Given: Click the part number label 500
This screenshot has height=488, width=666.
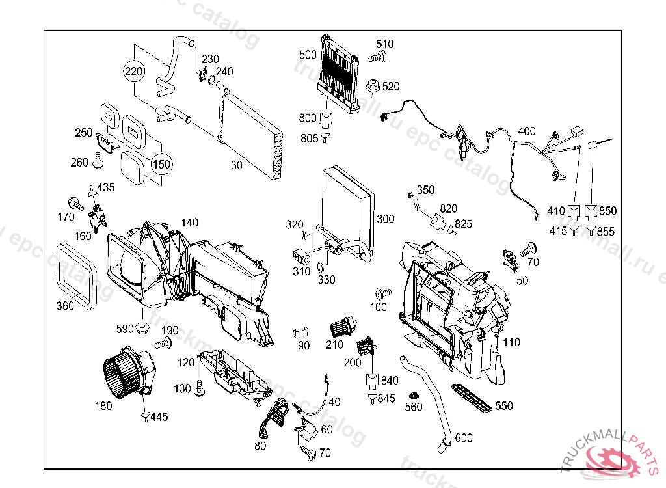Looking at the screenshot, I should [x=308, y=54].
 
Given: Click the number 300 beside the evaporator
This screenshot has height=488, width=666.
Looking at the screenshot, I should [x=385, y=219].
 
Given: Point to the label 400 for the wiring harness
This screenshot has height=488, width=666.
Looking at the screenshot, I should [x=527, y=131].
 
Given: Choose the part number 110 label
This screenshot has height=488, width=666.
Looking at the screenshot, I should [x=511, y=342].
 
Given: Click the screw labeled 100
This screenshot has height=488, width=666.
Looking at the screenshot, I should [x=382, y=293].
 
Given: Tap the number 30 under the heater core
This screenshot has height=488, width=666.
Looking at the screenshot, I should [x=236, y=165].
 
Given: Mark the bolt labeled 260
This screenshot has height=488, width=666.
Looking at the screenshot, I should [x=98, y=159].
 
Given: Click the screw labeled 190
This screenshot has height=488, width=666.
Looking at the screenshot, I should [x=163, y=342].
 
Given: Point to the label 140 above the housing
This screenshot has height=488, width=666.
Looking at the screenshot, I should [x=189, y=222].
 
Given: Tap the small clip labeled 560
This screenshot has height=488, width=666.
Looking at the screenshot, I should [x=413, y=396].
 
